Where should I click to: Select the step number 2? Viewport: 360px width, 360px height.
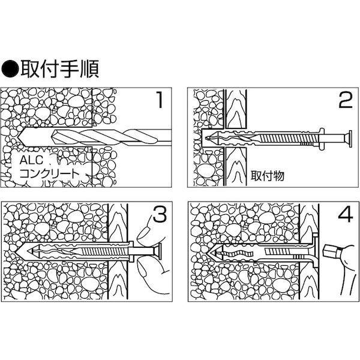(344, 100)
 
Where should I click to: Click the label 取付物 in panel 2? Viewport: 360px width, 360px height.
(263, 175)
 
